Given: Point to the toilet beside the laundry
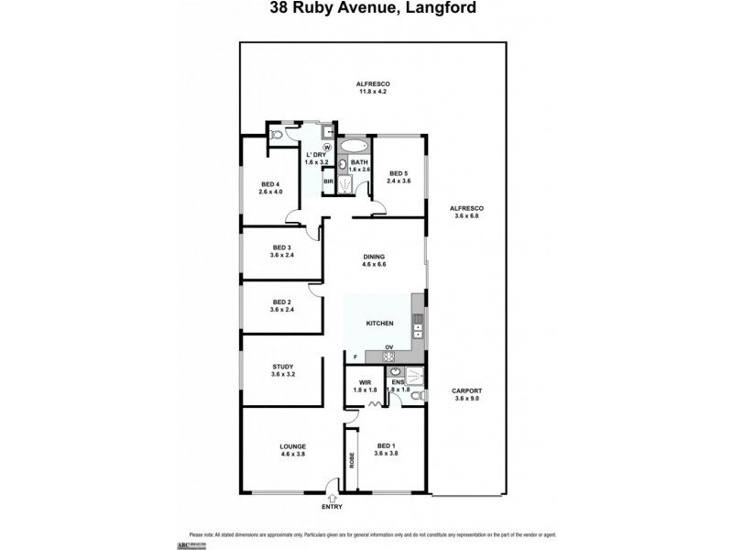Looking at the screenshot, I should pyautogui.click(x=277, y=136).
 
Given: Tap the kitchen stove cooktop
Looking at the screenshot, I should pyautogui.click(x=388, y=357).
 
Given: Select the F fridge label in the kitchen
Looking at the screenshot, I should pyautogui.click(x=356, y=357).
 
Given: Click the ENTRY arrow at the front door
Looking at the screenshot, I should pyautogui.click(x=331, y=495).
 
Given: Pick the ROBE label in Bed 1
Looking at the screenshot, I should pyautogui.click(x=351, y=459).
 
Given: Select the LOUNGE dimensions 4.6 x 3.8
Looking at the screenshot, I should pyautogui.click(x=292, y=454).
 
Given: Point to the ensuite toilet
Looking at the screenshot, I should pyautogui.click(x=416, y=396).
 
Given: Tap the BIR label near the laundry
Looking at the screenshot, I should pyautogui.click(x=327, y=181).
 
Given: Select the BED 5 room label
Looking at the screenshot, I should pyautogui.click(x=399, y=172).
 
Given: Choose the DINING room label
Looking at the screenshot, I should pyautogui.click(x=373, y=257).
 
